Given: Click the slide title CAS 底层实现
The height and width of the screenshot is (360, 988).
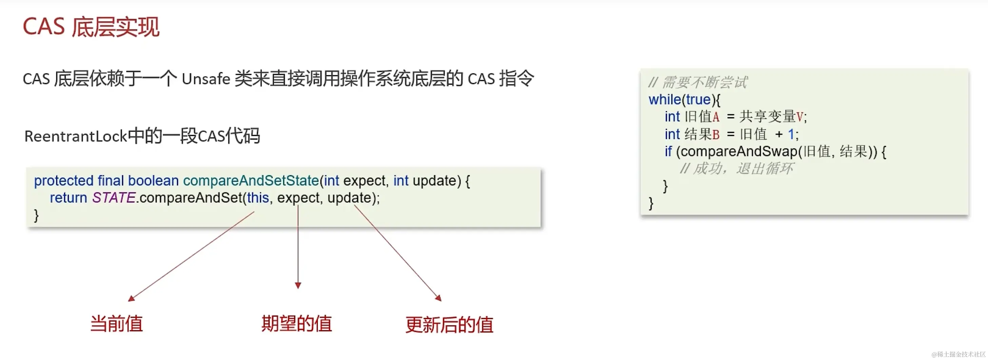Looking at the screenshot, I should click(91, 27).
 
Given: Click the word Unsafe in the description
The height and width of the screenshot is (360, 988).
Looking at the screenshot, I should click(205, 79).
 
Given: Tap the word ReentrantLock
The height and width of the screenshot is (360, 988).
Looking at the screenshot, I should click(75, 136).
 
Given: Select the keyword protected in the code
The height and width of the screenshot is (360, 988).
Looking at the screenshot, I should click(64, 181).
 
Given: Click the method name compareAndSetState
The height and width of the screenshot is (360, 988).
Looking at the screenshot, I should click(251, 181).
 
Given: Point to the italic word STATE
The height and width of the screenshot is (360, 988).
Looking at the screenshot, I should click(114, 198).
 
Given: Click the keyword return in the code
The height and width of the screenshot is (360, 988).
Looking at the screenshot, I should click(68, 198).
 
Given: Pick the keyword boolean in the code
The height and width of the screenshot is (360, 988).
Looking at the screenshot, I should click(153, 181).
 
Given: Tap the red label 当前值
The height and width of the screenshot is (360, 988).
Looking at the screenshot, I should click(117, 324).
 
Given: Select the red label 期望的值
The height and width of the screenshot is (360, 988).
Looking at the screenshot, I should click(296, 324).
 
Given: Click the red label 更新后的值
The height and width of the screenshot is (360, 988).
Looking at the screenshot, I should click(449, 325).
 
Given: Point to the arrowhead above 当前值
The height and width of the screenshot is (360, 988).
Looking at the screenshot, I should click(131, 298).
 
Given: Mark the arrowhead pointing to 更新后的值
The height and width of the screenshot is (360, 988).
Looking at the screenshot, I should click(438, 298).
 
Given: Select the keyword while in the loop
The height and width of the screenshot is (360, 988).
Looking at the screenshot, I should click(664, 100).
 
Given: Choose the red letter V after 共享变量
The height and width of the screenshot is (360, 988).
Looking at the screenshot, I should click(800, 117).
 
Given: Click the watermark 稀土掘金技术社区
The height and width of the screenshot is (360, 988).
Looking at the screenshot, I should click(959, 354).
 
